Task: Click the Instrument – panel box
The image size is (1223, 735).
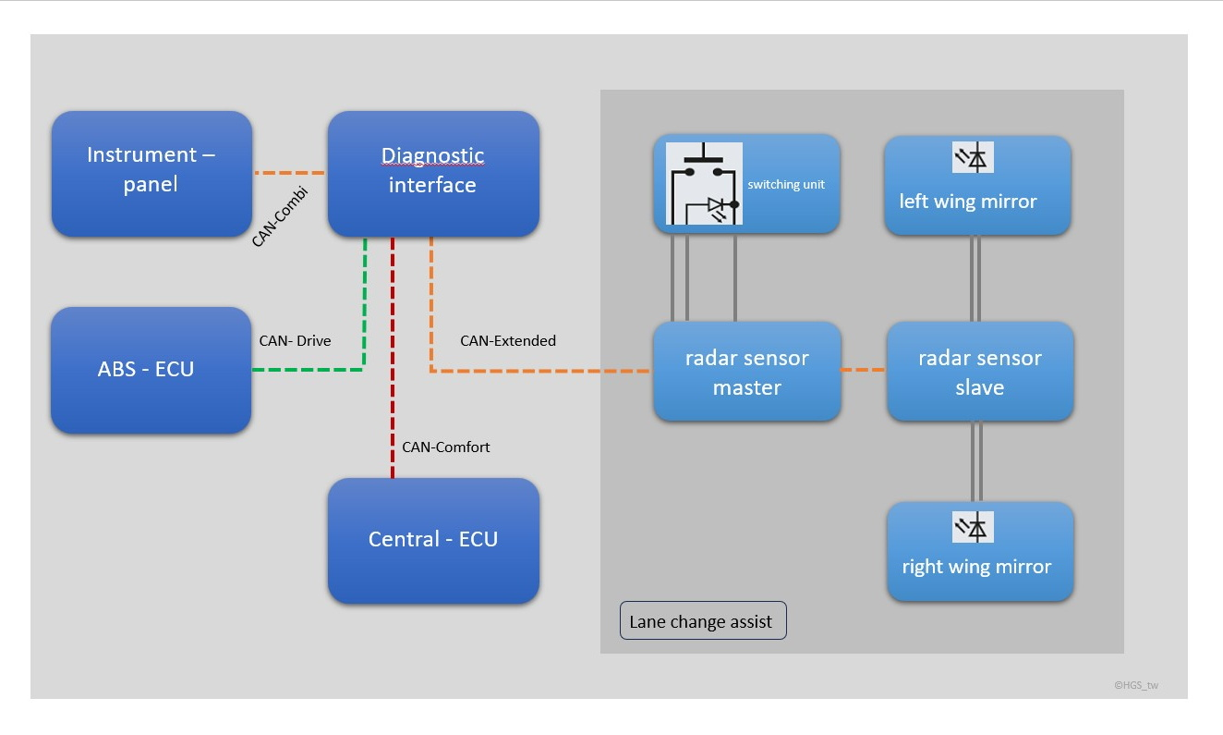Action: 151,174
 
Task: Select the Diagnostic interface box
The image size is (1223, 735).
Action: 433,174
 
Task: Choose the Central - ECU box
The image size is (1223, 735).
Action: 433,540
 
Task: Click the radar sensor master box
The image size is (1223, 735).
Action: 746,372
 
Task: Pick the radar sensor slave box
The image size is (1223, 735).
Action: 979,372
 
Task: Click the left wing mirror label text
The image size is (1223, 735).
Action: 968,202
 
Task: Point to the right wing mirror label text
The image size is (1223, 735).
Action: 976,567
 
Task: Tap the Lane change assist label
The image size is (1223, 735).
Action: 701,621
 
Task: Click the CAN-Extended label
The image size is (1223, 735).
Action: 508,341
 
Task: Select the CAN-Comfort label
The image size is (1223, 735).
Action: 446,447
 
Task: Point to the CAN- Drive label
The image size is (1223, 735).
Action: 295,341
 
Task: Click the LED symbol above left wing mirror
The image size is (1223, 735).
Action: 973,158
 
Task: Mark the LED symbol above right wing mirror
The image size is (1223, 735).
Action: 973,527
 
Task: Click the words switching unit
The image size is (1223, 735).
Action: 786,185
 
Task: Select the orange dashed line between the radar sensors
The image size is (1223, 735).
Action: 864,371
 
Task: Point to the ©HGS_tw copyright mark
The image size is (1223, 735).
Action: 1135,685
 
